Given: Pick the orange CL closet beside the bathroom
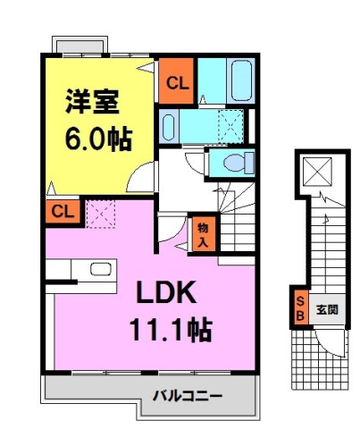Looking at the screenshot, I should [x=176, y=84].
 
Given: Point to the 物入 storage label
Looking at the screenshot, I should [x=202, y=234].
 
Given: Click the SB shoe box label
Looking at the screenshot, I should [x=299, y=309].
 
